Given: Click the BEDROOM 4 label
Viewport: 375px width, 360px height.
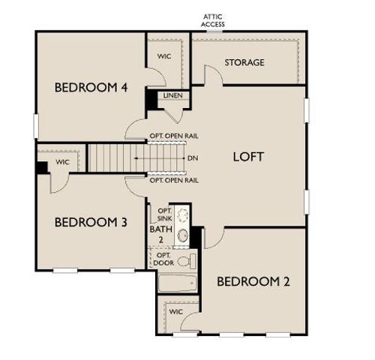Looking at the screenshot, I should coord(91,88).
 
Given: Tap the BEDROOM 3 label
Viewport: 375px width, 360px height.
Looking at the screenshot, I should coord(91,222).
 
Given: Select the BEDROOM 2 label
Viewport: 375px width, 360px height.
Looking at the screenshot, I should coord(253,282).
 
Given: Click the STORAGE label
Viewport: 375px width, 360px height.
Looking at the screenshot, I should coord(244,62).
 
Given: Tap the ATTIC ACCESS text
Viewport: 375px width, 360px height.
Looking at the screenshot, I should coord(213,20).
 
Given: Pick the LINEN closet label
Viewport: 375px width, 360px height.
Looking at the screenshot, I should coord(172,94).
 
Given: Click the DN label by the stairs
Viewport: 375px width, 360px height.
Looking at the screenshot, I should coord(193,158).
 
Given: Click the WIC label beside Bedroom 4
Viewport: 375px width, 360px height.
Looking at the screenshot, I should coord(165,56).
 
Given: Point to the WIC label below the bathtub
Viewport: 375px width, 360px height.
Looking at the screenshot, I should coord(175,311).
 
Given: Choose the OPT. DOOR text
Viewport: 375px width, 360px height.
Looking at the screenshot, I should coord(163,259).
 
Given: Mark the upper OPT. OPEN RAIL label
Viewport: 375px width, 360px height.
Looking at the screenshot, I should coord(174,137).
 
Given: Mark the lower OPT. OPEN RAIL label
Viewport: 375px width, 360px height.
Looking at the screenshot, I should coord(174,181).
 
